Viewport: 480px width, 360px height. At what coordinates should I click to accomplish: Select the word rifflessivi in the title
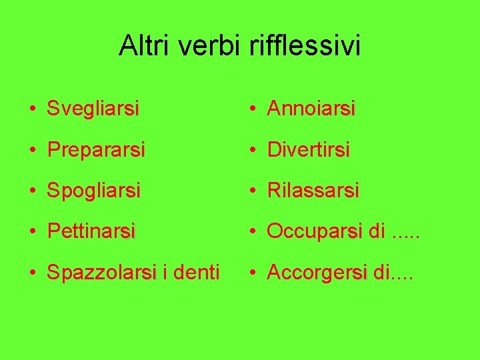[305, 45]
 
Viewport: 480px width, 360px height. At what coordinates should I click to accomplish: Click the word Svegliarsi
[93, 109]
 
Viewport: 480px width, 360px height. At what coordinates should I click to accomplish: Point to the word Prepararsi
[96, 150]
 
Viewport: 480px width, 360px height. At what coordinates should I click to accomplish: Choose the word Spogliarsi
[94, 191]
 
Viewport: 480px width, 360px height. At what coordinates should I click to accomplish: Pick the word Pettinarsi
[91, 231]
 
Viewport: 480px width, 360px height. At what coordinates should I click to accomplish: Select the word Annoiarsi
[311, 109]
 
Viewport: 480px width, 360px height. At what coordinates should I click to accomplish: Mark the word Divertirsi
[309, 150]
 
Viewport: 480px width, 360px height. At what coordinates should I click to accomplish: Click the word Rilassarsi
[313, 191]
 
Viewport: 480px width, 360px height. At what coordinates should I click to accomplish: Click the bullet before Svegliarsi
[32, 109]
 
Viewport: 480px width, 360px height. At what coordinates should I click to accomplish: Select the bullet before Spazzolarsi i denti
[32, 273]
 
